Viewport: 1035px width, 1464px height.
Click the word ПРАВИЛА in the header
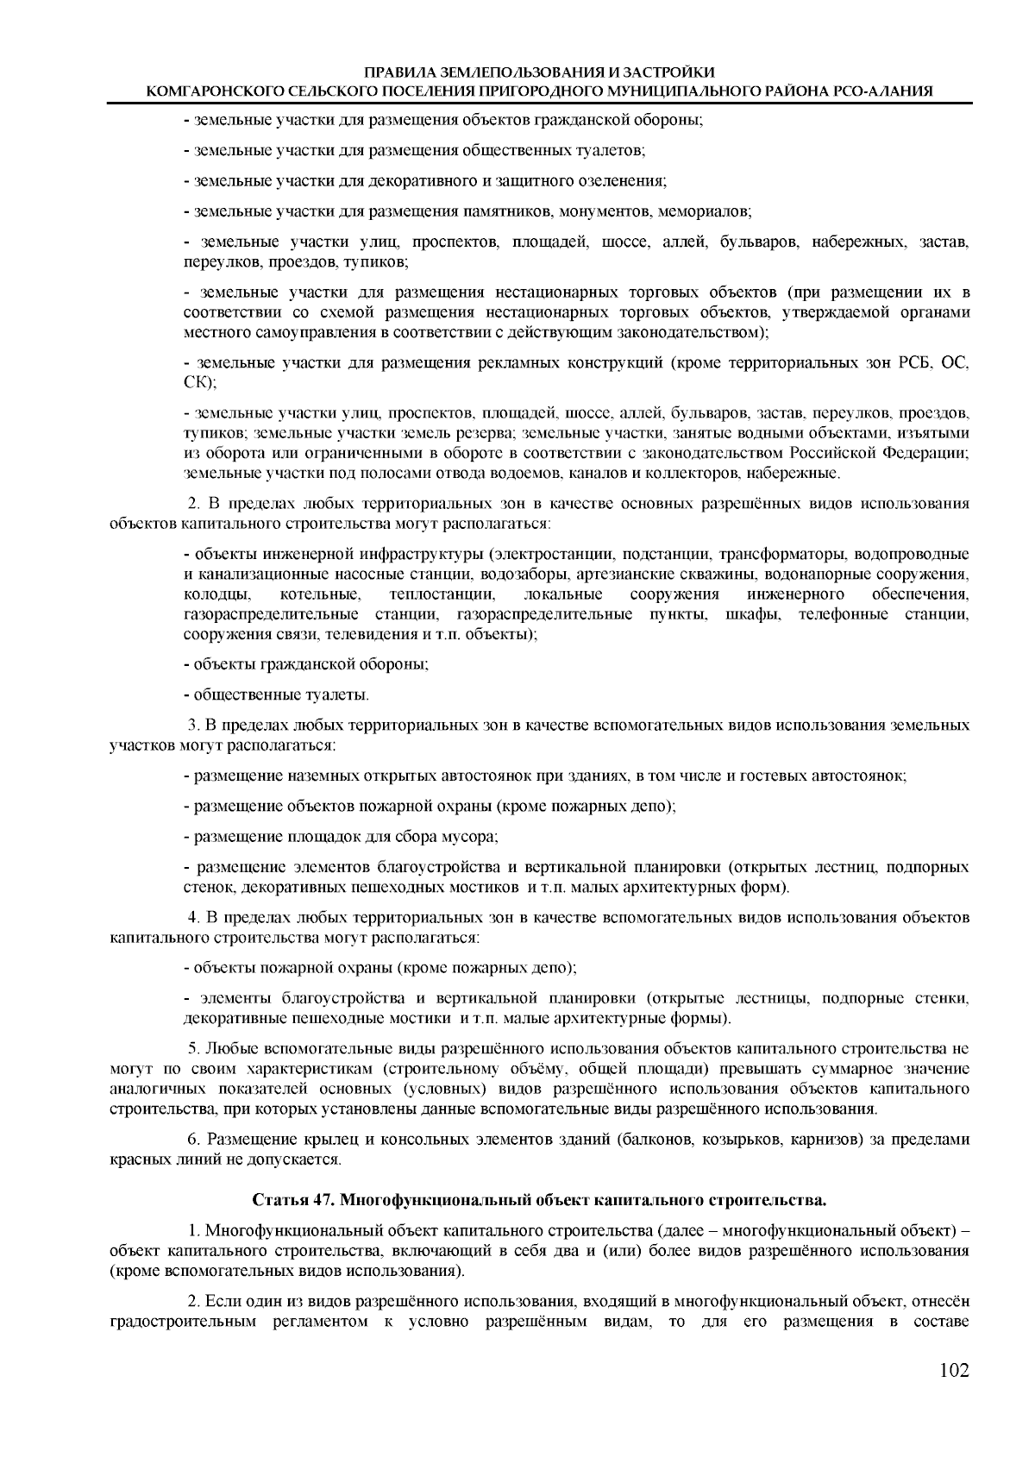click(x=398, y=72)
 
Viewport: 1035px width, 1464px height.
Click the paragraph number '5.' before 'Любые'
click(x=195, y=1049)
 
